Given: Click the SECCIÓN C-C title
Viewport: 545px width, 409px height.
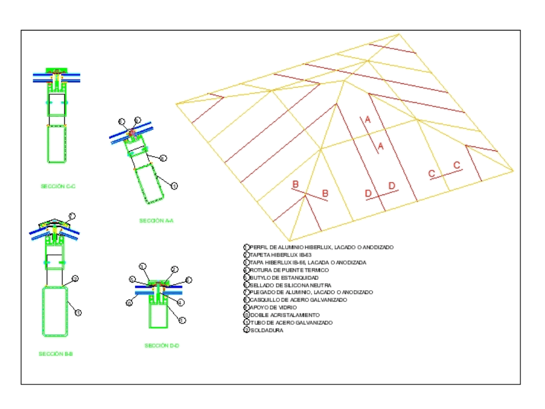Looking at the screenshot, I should (x=58, y=186).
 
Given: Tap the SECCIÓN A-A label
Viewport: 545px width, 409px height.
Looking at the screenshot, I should (x=156, y=221).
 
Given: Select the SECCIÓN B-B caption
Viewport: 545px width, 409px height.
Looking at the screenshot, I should (x=56, y=353).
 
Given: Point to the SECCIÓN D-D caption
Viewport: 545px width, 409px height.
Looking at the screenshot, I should (x=162, y=345).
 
